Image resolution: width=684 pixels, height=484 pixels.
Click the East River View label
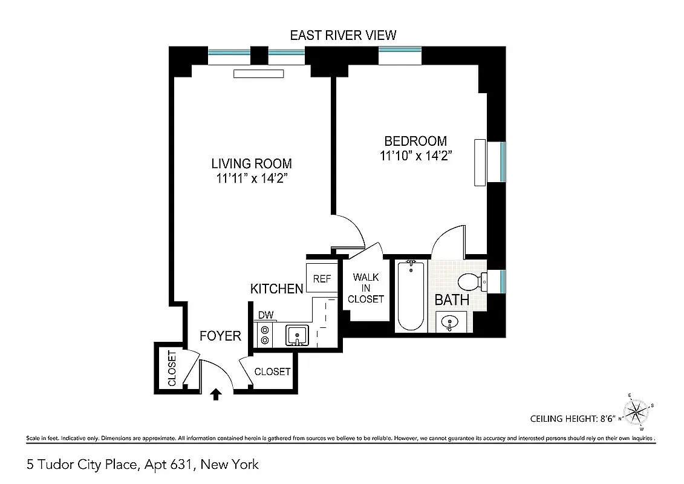tap(343, 35)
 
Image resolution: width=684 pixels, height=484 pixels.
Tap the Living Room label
tap(251, 163)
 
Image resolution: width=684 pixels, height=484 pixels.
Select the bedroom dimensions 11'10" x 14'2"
tap(416, 156)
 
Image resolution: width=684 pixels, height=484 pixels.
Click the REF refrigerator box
tap(322, 279)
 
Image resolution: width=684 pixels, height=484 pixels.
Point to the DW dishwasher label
tap(265, 315)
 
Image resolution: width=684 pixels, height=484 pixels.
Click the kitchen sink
tap(296, 335)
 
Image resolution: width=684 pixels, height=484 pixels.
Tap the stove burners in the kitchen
tap(264, 335)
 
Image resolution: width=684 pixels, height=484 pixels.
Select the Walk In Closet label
tap(366, 288)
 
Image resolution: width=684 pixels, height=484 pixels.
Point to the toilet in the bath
tap(471, 281)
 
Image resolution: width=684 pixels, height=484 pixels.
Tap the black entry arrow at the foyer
tap(216, 394)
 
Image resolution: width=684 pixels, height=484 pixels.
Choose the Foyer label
tap(220, 336)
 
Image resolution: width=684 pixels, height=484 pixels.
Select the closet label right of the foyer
tap(272, 371)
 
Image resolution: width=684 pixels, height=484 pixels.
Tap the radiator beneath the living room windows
tap(258, 74)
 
